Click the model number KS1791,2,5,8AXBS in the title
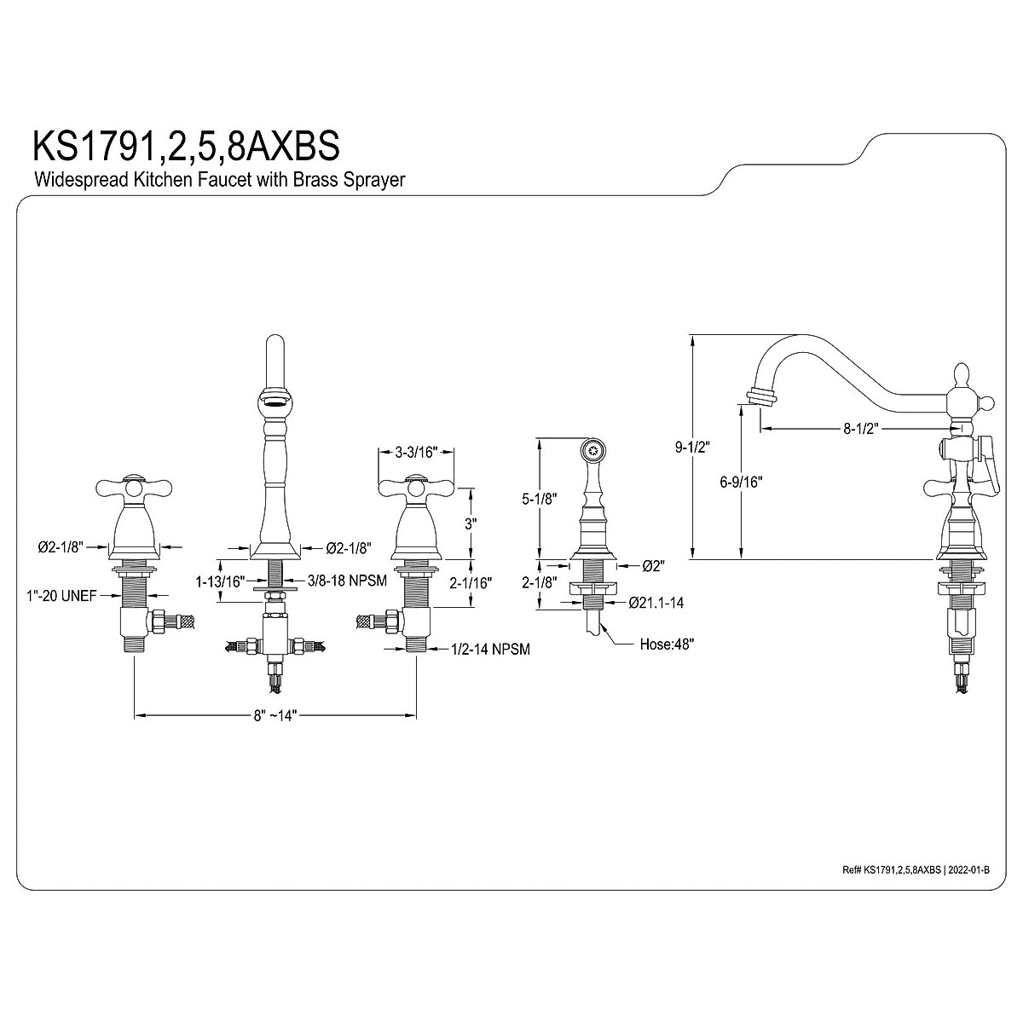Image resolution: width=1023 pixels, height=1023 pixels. coord(186,145)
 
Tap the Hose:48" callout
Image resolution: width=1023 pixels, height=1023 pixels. coord(667,644)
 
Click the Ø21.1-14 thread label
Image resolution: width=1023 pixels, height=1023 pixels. coord(656,603)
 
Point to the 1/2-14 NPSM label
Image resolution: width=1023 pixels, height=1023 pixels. coord(490,650)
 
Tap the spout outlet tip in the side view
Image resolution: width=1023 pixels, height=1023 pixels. coord(760,396)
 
